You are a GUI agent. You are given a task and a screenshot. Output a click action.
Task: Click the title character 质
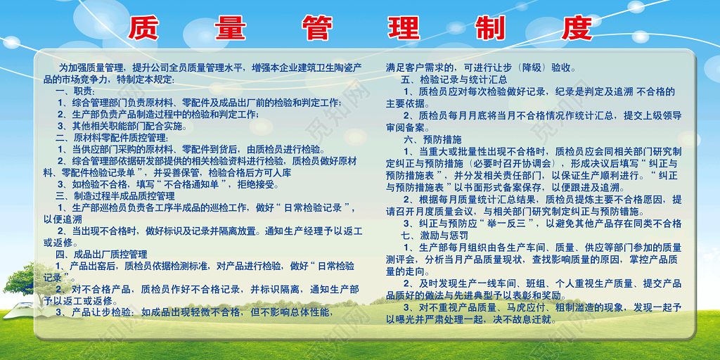(143, 27)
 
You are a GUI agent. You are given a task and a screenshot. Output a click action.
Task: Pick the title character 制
(490, 27)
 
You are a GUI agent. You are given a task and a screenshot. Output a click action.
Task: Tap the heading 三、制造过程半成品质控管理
(115, 195)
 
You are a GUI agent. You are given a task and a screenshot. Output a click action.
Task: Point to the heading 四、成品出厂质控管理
(101, 254)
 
